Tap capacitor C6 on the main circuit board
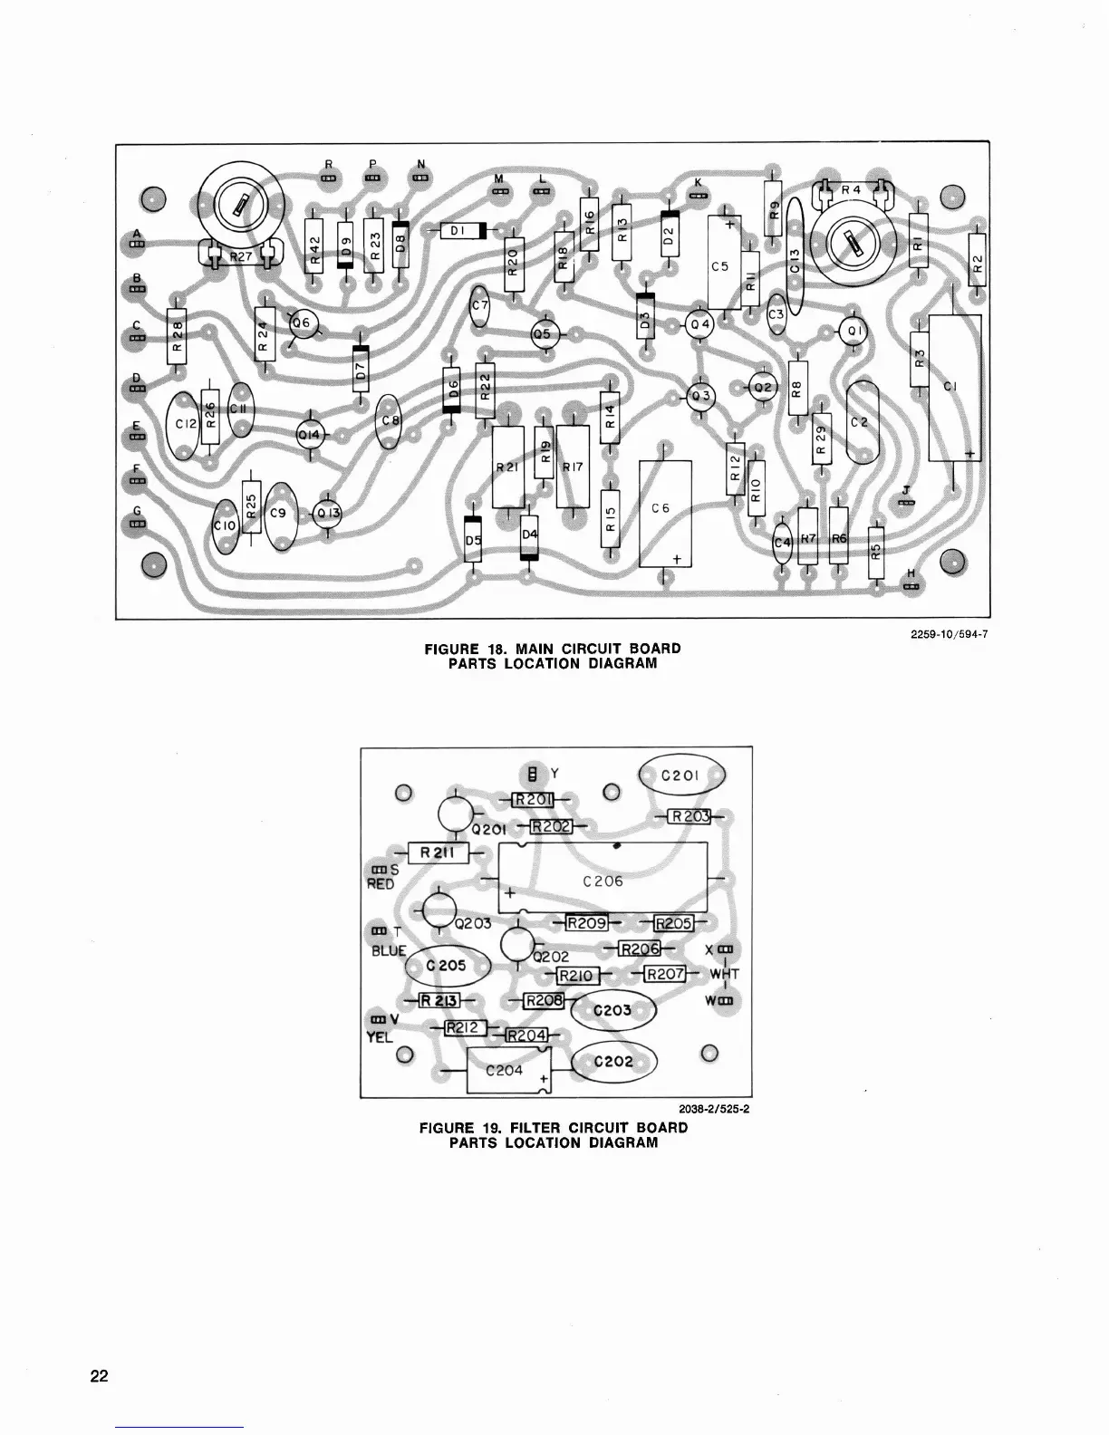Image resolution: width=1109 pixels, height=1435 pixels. pyautogui.click(x=665, y=513)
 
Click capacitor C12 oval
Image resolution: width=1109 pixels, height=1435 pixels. pyautogui.click(x=186, y=424)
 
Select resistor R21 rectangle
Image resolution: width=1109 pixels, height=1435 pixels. pyautogui.click(x=507, y=467)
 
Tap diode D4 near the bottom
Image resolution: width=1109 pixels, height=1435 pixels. pyautogui.click(x=529, y=536)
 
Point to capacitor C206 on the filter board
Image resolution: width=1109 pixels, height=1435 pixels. pyautogui.click(x=603, y=878)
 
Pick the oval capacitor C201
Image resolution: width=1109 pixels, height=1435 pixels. pyautogui.click(x=682, y=775)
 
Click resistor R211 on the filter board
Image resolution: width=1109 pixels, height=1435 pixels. pyautogui.click(x=438, y=852)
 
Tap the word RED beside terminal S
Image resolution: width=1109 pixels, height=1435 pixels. pyautogui.click(x=381, y=884)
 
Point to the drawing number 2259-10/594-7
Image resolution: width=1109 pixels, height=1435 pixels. pyautogui.click(x=948, y=634)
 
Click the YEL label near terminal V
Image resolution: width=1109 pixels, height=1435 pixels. pyautogui.click(x=379, y=1036)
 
